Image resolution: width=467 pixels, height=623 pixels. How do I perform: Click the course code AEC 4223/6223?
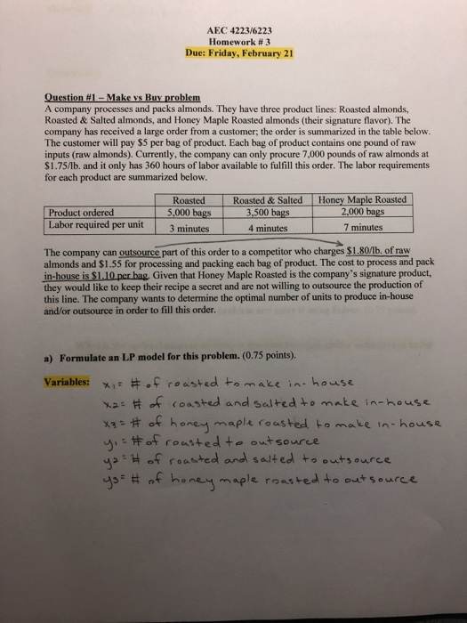238,27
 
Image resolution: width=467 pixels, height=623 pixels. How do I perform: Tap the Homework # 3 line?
238,39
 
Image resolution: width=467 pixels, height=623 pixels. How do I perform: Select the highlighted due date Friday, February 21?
238,52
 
